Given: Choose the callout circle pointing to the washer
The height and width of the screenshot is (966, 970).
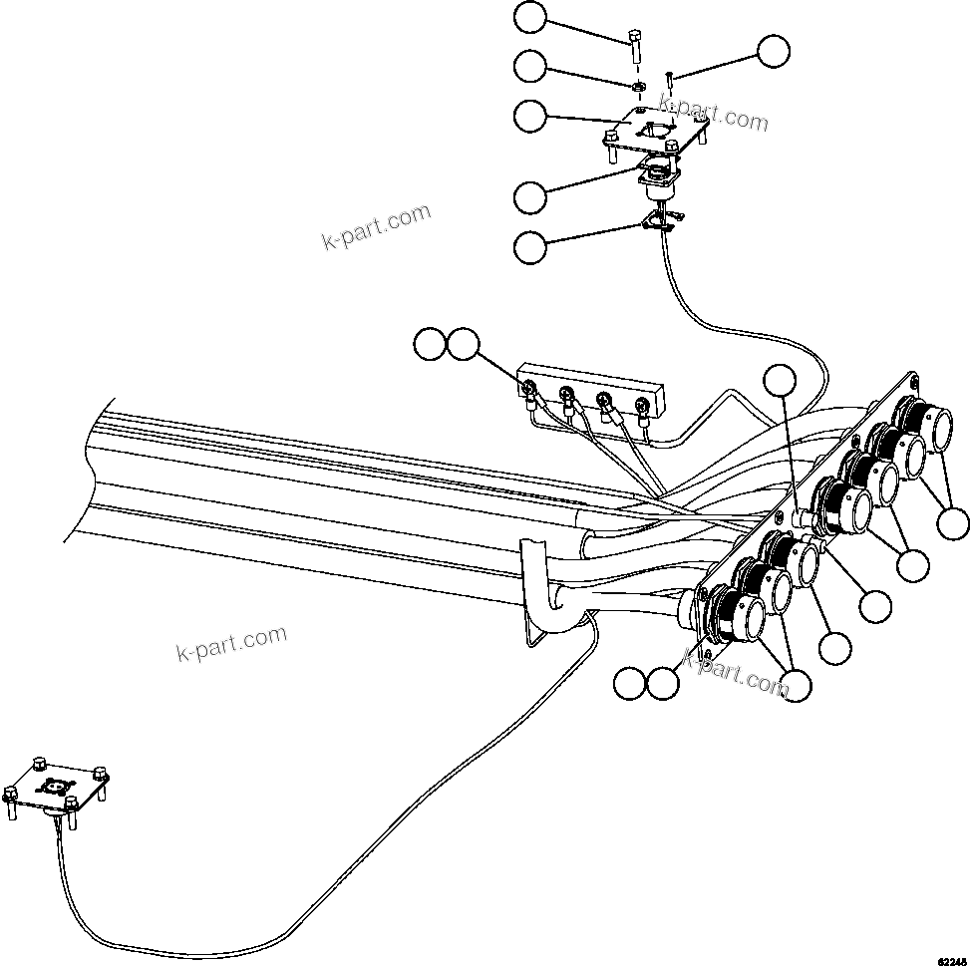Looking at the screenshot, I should point(530,67).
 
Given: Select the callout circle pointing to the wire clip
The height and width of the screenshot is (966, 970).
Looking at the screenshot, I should point(530,247).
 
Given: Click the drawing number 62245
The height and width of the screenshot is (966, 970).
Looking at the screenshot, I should point(951,958).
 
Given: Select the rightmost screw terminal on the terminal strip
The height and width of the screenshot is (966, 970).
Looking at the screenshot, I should point(641,408).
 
